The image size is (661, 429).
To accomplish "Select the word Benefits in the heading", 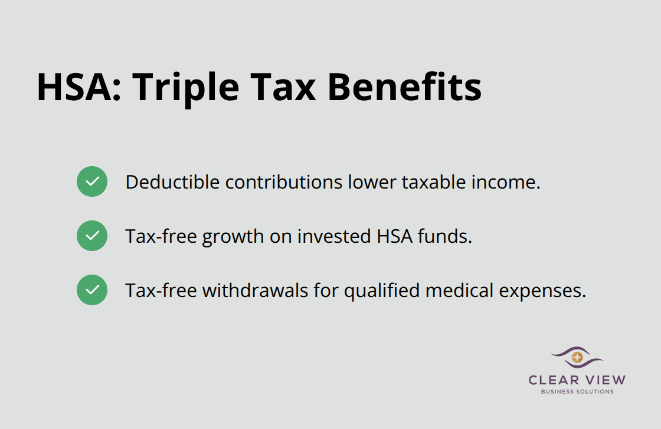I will (x=404, y=87).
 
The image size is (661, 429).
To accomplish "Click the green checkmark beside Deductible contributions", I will (x=92, y=181).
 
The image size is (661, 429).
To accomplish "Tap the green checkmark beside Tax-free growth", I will (x=92, y=236).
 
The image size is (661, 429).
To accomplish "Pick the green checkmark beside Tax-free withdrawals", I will (x=92, y=290).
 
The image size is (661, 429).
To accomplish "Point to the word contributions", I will (x=275, y=182).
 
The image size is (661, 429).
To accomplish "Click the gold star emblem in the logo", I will (x=577, y=357).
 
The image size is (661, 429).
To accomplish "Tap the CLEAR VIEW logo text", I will (x=577, y=380).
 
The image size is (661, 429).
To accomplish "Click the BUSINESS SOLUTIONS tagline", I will (x=577, y=392).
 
